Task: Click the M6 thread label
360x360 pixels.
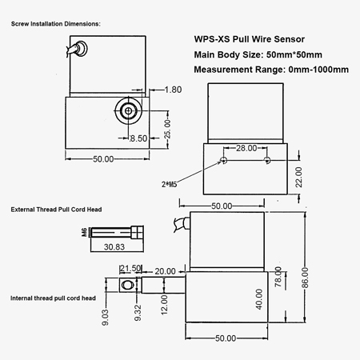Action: point(84,233)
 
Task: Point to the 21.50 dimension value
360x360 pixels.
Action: point(130,268)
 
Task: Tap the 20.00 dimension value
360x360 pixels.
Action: point(166,271)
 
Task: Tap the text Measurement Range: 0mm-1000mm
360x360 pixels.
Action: point(271,70)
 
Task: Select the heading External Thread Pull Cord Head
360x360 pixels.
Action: point(62,209)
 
